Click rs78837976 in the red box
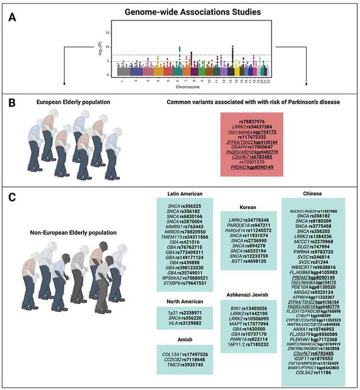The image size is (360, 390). tap(251, 121)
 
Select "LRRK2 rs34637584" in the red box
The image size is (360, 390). tap(251, 128)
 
